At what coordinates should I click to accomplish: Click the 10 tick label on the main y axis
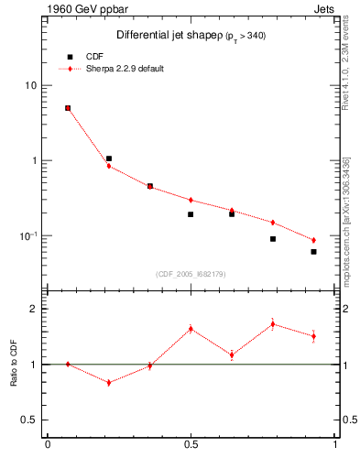tap(30, 85)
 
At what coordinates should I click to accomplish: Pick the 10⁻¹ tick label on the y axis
tap(27, 236)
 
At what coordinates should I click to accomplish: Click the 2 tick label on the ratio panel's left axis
tap(33, 309)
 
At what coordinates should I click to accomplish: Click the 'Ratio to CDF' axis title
tap(13, 365)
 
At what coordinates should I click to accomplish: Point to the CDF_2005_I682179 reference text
tap(190, 273)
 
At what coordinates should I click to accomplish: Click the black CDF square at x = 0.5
tap(191, 214)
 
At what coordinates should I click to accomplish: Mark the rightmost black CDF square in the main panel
tap(313, 252)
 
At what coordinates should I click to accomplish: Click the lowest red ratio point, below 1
tap(109, 383)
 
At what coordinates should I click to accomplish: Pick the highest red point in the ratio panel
tap(273, 323)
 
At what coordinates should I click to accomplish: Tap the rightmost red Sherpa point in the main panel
tap(313, 240)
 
